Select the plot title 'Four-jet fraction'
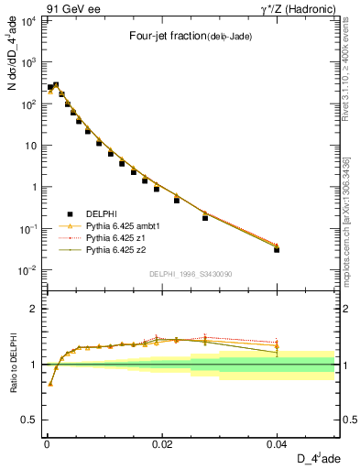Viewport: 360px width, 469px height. tap(164, 36)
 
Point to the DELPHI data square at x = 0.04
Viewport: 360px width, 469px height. tap(277, 249)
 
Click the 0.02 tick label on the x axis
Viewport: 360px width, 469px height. tap(161, 444)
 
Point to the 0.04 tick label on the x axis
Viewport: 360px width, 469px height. tap(277, 444)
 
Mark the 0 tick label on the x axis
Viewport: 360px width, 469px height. tap(47, 444)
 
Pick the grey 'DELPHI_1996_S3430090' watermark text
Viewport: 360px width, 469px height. tap(190, 274)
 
